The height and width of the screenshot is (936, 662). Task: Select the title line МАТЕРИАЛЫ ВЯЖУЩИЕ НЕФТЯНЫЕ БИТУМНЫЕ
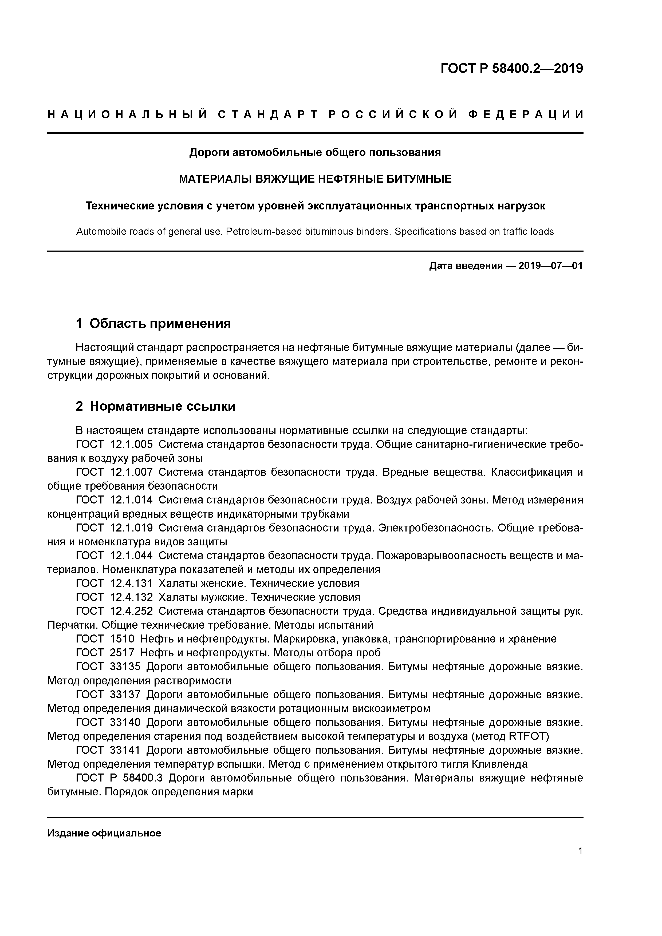[x=315, y=179]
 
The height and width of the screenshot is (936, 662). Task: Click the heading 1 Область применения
[x=153, y=323]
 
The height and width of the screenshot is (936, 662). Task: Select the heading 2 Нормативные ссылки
[x=156, y=406]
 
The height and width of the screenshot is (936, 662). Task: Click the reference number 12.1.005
[x=131, y=444]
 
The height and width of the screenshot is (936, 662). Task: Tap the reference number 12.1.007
[x=131, y=472]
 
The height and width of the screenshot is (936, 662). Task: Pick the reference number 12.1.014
[x=131, y=500]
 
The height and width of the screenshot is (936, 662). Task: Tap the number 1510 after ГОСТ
[x=122, y=639]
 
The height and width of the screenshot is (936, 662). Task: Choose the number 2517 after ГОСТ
[x=122, y=653]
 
